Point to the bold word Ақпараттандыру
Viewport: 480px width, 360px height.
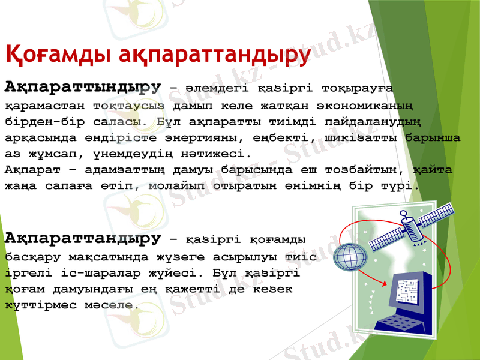[x=83, y=239]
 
